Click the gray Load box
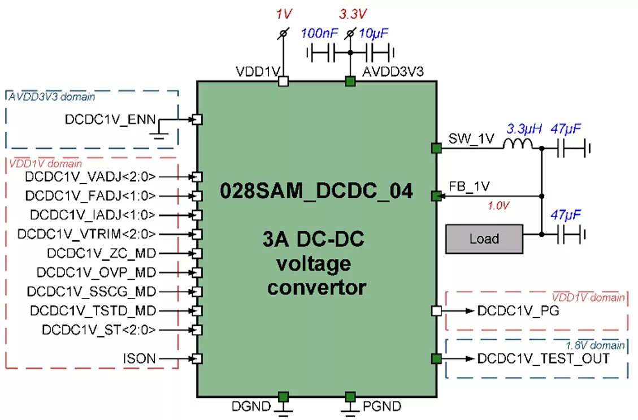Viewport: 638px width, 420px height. click(x=484, y=239)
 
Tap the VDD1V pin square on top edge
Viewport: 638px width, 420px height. click(x=284, y=82)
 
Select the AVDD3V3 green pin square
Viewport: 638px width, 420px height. click(x=350, y=82)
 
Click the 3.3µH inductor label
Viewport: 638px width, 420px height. click(x=524, y=129)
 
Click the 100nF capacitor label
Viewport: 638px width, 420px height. click(x=319, y=33)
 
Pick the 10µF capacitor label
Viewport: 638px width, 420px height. click(x=372, y=33)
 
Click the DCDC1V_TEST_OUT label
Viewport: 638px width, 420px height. click(x=543, y=358)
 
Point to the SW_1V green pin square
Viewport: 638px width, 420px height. click(x=436, y=149)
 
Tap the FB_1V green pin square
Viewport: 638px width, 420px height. click(x=436, y=196)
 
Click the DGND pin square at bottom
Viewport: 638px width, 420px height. click(x=284, y=396)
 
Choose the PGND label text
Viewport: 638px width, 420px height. click(x=383, y=406)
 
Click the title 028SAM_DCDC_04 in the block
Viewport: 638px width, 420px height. click(x=316, y=191)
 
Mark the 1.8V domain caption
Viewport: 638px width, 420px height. click(x=595, y=345)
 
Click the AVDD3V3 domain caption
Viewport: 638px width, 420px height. click(x=51, y=97)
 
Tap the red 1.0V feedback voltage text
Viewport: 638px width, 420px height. click(x=498, y=206)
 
